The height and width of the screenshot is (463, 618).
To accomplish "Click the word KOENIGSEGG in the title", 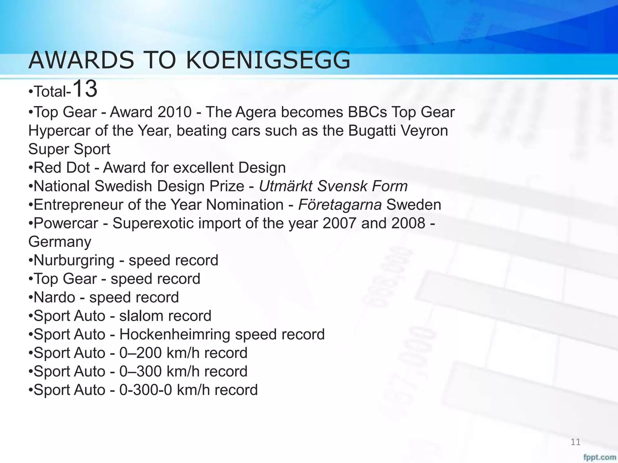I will (268, 60).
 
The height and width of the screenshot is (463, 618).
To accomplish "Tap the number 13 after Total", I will (85, 89).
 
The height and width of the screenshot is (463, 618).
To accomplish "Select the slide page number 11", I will (575, 442).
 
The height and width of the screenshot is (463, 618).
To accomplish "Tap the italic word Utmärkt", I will (285, 186).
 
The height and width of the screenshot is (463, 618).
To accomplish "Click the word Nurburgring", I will (74, 261).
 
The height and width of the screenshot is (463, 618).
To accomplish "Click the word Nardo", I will (54, 298).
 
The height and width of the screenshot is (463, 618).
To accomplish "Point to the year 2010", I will (174, 112).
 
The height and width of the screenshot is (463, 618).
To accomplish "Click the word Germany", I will (60, 242).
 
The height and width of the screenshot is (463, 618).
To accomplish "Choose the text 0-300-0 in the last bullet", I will (146, 390).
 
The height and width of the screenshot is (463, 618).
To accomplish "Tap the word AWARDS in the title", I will (81, 60).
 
